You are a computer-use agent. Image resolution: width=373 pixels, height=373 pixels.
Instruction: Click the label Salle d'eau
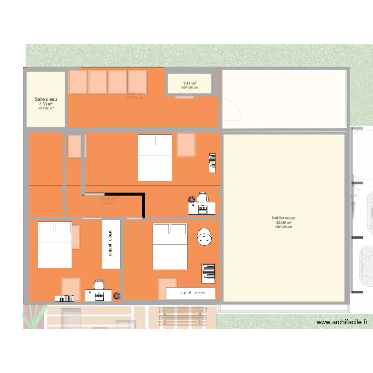click(x=45, y=99)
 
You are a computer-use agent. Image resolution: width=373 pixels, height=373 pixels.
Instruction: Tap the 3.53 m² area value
click(x=45, y=104)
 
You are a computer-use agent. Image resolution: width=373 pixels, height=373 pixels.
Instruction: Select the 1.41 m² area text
click(x=189, y=84)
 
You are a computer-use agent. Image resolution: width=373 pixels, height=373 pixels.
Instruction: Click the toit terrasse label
click(x=283, y=218)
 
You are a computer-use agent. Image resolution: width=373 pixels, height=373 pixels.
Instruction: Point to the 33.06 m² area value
click(x=283, y=222)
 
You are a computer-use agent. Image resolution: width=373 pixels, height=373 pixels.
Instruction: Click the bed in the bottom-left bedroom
click(x=55, y=245)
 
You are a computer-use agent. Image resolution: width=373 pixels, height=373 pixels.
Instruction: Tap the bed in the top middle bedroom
click(x=155, y=157)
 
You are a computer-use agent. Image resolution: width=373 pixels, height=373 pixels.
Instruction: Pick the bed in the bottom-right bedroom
click(x=170, y=246)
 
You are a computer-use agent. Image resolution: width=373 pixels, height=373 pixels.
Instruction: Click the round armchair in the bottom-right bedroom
click(x=204, y=237)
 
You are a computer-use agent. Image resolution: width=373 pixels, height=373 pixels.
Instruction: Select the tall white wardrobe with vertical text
click(x=111, y=244)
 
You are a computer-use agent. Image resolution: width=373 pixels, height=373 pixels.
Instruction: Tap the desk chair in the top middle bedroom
click(x=202, y=198)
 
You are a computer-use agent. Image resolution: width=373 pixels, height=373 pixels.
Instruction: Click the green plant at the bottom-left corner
click(x=35, y=316)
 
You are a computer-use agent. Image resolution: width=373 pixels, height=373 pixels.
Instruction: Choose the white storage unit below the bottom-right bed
click(x=191, y=293)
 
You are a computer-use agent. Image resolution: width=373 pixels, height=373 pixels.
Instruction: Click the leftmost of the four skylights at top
click(x=78, y=82)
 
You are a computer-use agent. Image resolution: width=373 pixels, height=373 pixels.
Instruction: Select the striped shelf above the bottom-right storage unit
click(x=209, y=273)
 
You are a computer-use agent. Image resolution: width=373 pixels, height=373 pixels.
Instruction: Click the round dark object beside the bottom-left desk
click(x=117, y=296)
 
